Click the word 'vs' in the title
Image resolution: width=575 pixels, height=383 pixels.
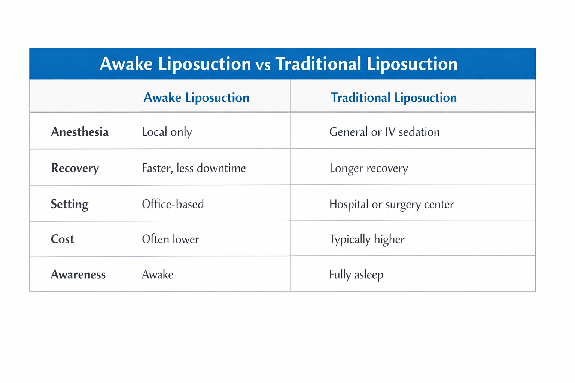tap(263, 65)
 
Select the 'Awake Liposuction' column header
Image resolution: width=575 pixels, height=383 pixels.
tap(196, 98)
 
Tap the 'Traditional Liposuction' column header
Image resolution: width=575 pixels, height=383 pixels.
tap(393, 98)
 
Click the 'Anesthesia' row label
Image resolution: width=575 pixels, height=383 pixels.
tap(80, 132)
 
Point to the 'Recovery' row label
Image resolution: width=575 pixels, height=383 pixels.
tap(75, 168)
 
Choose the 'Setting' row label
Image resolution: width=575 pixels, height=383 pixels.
tap(70, 204)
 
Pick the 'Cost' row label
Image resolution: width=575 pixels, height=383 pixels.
tap(63, 239)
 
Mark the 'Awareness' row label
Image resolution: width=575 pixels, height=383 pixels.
tap(78, 275)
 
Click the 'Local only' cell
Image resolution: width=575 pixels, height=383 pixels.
tap(167, 132)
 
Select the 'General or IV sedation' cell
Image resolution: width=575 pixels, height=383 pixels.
tap(384, 132)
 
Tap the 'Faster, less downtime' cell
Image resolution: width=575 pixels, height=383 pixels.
tap(194, 168)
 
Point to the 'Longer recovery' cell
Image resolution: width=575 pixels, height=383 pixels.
tap(368, 168)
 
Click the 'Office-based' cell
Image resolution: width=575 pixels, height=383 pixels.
tap(173, 204)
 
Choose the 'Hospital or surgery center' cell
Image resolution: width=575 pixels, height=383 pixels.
tap(392, 204)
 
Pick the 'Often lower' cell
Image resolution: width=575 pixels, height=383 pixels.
tap(170, 239)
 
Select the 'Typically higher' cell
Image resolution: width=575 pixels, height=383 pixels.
tap(367, 239)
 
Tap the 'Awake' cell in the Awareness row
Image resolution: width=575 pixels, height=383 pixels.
tap(158, 275)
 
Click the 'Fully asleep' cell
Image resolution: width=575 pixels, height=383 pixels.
tap(356, 275)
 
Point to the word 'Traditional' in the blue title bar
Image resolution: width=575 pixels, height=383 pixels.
tap(318, 64)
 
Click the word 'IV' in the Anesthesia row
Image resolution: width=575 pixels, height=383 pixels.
tap(390, 132)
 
